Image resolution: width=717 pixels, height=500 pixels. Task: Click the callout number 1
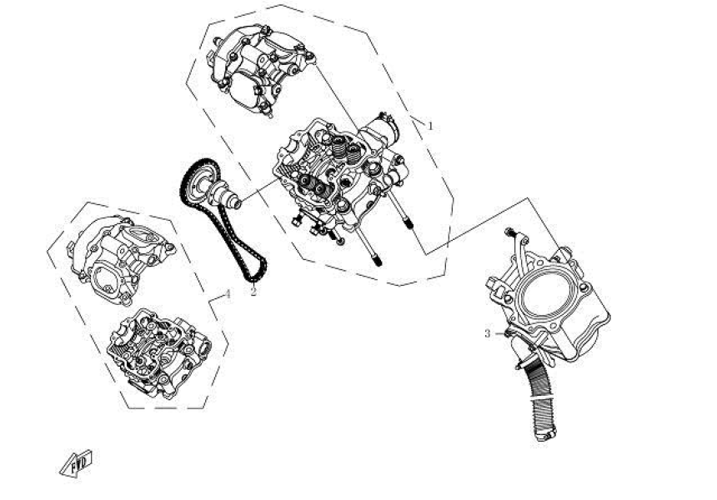430,126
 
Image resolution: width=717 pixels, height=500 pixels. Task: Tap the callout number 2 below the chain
253,292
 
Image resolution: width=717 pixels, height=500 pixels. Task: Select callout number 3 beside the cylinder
488,333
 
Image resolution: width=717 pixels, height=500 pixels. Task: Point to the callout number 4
227,294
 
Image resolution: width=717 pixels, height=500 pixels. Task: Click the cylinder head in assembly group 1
333,179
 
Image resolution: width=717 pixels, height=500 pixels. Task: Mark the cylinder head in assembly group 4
158,350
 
